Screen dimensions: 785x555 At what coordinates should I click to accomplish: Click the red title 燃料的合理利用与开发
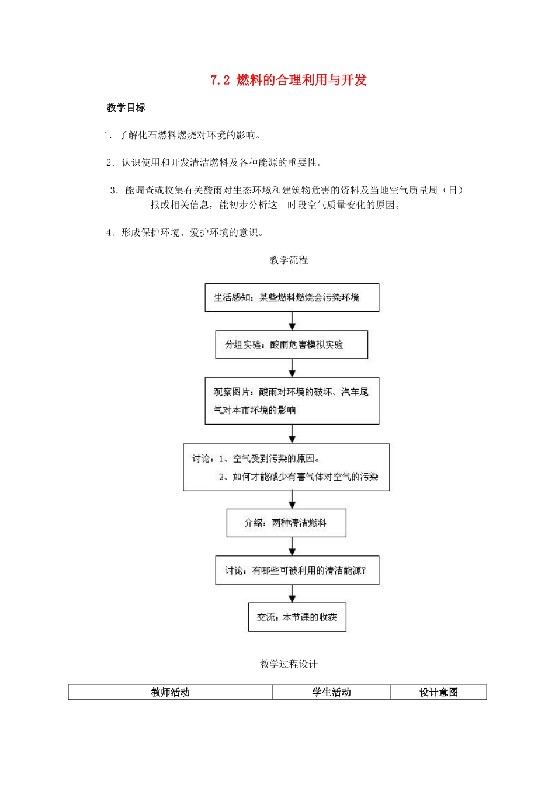301,80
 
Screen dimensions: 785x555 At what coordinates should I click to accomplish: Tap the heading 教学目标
126,107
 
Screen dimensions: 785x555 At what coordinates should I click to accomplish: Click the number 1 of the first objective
107,135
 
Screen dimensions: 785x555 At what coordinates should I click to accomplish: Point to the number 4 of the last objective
110,232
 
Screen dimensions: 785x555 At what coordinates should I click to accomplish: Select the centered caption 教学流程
289,260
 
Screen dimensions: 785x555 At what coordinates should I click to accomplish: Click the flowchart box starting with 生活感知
292,298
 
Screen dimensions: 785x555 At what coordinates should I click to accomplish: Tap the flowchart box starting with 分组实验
292,345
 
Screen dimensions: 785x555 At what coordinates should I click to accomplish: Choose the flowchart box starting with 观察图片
292,401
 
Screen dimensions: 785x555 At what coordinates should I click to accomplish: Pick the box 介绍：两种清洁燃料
286,523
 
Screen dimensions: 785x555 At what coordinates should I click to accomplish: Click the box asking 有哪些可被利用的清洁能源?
297,570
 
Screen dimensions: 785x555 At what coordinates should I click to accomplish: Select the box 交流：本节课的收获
297,617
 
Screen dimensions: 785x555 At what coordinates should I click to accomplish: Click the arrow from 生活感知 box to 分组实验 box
292,321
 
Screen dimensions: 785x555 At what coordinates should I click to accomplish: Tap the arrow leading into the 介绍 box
292,500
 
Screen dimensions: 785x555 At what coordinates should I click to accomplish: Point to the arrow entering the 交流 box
292,594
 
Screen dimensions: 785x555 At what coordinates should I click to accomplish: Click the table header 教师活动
170,692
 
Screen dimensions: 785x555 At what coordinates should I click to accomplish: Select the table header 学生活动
331,692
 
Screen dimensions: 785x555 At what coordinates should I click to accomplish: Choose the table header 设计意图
438,692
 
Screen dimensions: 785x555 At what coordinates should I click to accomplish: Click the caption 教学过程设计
289,664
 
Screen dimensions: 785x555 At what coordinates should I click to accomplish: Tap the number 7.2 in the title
220,81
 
